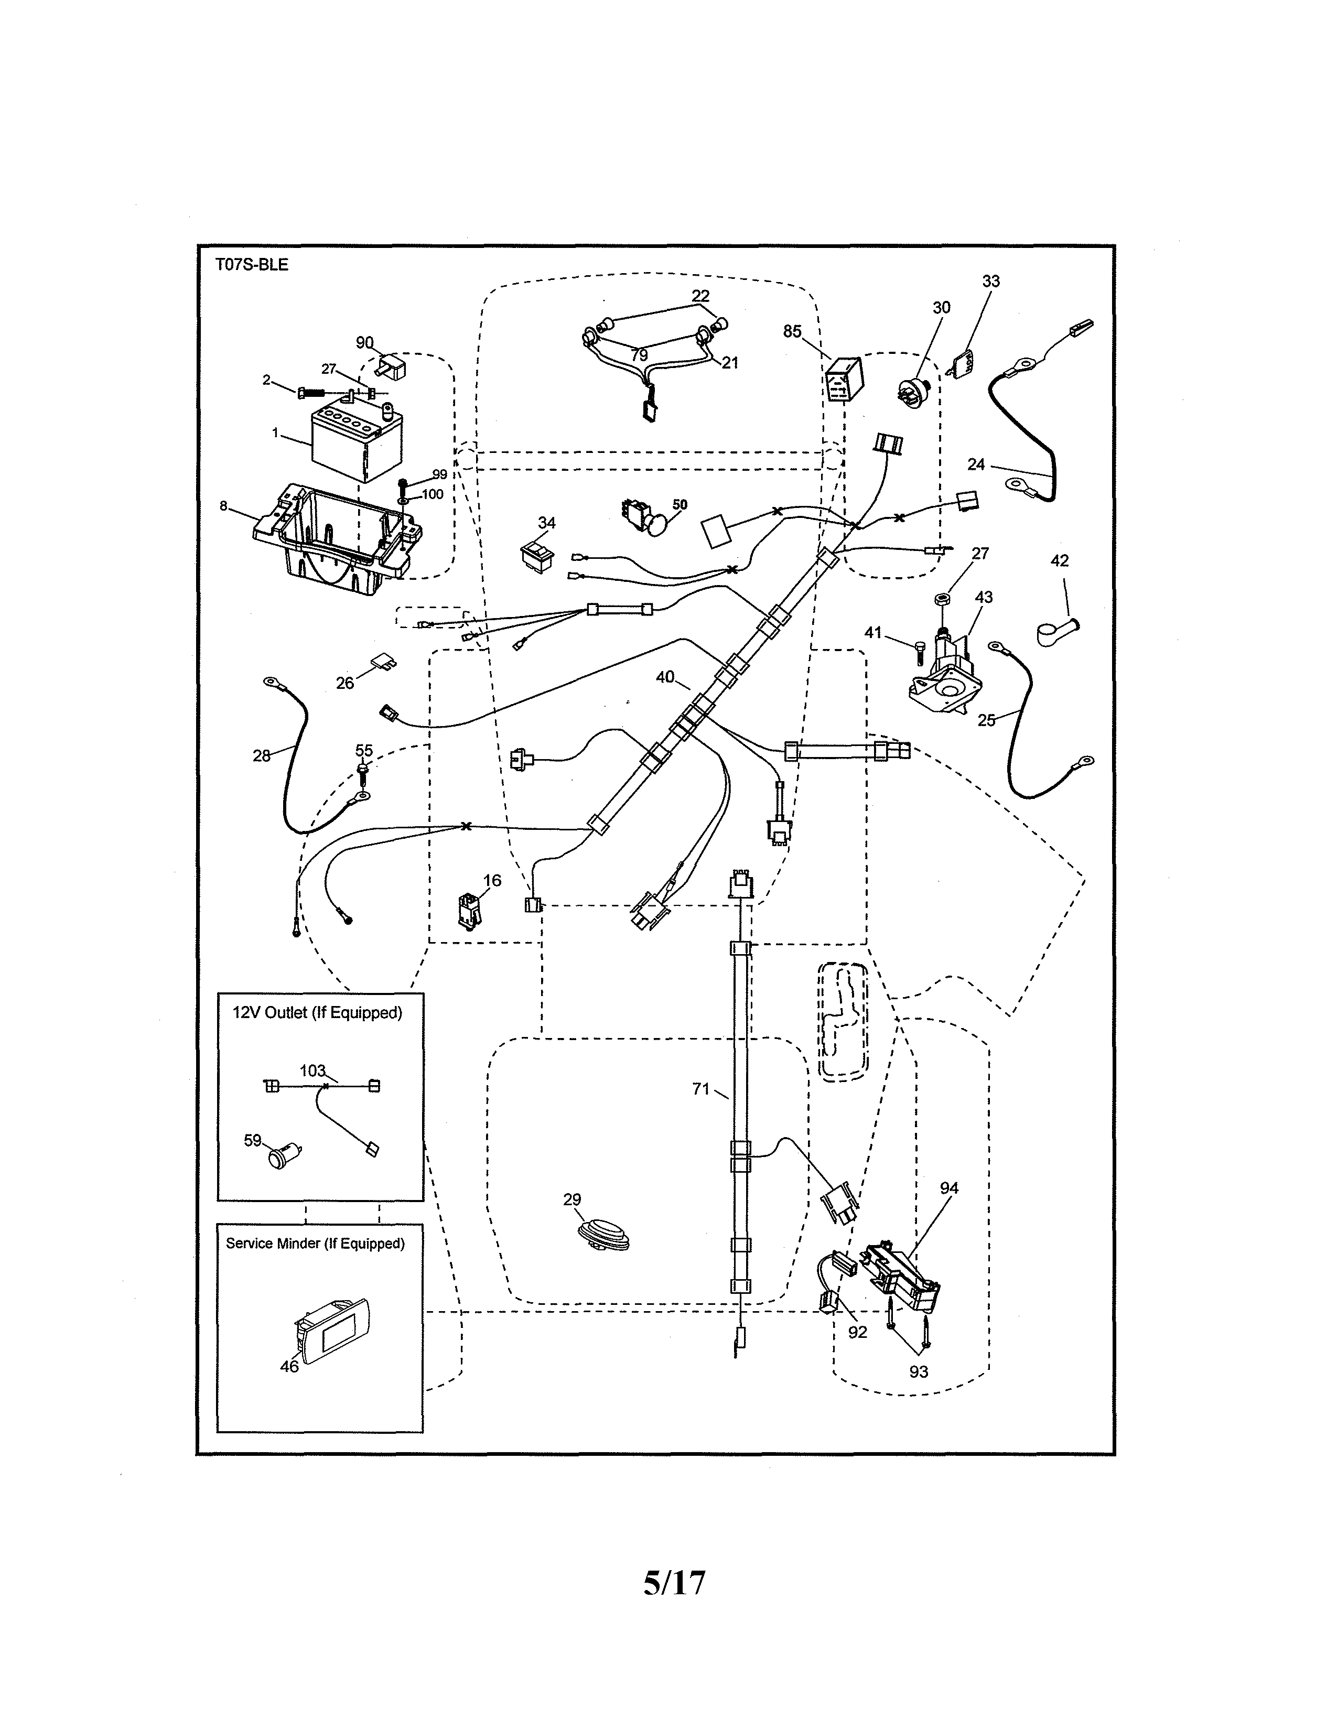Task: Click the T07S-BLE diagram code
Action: pos(252,265)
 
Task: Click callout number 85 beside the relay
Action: pos(792,332)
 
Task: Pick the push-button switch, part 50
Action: pos(649,519)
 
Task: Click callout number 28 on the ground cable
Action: pos(262,755)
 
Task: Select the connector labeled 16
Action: pos(468,911)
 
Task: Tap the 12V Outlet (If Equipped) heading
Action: pos(317,1013)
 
